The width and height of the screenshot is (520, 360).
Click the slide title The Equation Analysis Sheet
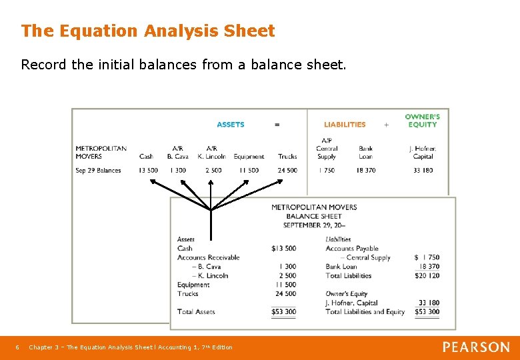tap(147, 31)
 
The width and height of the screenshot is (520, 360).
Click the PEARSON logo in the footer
tap(476, 347)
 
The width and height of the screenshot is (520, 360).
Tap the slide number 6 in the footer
tap(17, 347)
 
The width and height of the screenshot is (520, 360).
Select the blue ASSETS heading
tap(231, 125)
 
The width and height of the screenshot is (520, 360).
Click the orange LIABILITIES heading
tap(345, 125)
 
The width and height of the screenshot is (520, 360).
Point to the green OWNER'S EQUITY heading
tap(422, 121)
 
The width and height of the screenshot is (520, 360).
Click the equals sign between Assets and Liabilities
tap(277, 125)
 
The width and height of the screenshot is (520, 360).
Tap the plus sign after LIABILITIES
tap(386, 125)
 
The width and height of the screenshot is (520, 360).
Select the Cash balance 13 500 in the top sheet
tap(148, 171)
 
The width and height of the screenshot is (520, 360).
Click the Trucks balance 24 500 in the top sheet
tap(287, 171)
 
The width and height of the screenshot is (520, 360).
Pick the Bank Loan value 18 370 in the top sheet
tap(365, 171)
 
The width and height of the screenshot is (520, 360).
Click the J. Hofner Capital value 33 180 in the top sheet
tap(423, 171)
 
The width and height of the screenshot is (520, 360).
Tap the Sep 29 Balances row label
tap(98, 171)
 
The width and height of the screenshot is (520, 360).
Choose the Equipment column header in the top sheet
tap(249, 157)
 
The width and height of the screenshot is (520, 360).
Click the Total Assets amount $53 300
tap(283, 312)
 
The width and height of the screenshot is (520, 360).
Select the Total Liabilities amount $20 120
tap(427, 276)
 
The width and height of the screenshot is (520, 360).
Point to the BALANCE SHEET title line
tap(313, 217)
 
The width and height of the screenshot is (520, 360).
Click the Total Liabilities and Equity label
tap(365, 312)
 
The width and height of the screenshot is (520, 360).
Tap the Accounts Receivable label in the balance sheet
tap(208, 257)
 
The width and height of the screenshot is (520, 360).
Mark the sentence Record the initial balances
tap(183, 65)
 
